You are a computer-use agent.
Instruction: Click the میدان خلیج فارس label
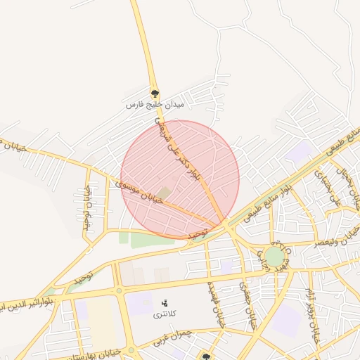(x=154, y=105)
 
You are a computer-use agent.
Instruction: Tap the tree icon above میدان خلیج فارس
(x=155, y=92)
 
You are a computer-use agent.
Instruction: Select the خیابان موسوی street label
(x=139, y=192)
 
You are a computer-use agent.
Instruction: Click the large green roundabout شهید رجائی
(x=274, y=257)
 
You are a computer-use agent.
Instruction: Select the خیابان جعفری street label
(x=244, y=307)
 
